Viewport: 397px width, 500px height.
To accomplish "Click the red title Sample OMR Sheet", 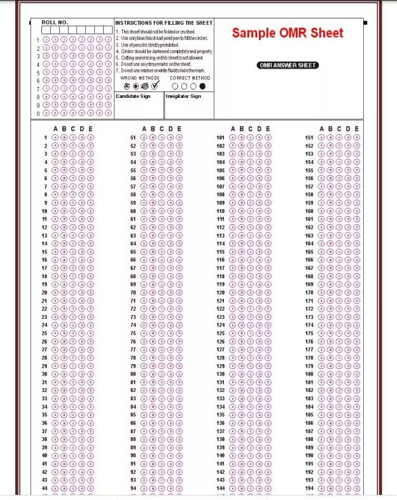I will [x=287, y=34].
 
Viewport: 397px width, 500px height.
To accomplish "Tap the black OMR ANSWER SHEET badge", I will [x=288, y=65].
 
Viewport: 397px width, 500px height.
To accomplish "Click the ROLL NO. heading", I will [x=55, y=22].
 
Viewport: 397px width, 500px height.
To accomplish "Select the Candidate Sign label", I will [x=133, y=97].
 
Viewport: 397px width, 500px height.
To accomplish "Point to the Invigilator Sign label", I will [x=183, y=97].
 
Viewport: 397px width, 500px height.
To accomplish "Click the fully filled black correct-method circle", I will [x=202, y=86].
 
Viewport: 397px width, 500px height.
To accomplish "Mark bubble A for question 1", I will [x=55, y=137].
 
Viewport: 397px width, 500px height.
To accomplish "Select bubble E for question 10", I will [x=90, y=211].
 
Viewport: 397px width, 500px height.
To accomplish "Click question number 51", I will [x=133, y=137].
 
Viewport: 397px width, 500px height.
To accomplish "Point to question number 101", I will [x=221, y=137].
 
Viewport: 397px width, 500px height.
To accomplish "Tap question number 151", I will [x=309, y=137].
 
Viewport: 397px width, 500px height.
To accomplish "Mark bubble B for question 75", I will [x=153, y=334].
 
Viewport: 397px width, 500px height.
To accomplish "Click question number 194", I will [x=309, y=489].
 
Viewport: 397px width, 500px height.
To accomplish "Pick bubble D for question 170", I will [x=348, y=293].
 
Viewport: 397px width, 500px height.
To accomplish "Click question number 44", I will [x=45, y=489].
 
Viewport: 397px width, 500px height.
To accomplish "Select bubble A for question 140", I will [x=232, y=456].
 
